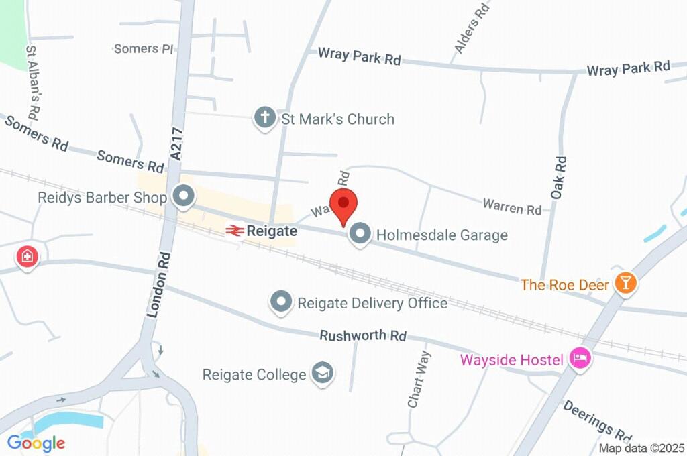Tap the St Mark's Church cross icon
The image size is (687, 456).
click(265, 119)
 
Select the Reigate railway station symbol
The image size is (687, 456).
click(234, 231)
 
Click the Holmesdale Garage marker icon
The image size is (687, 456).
click(361, 235)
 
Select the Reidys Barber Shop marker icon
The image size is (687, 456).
click(182, 197)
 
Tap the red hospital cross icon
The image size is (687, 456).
click(28, 256)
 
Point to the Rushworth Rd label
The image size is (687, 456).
click(363, 335)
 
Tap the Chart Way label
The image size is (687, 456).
click(418, 380)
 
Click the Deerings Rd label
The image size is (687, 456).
click(597, 420)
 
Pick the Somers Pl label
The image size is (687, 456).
click(144, 49)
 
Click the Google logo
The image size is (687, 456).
click(36, 443)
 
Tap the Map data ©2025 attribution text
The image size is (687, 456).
click(641, 448)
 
